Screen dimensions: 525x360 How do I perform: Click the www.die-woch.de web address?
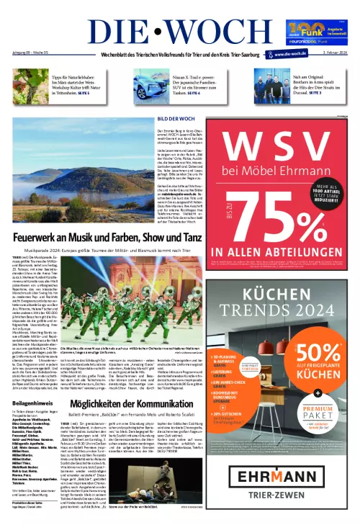pyautogui.click(x=291, y=53)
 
